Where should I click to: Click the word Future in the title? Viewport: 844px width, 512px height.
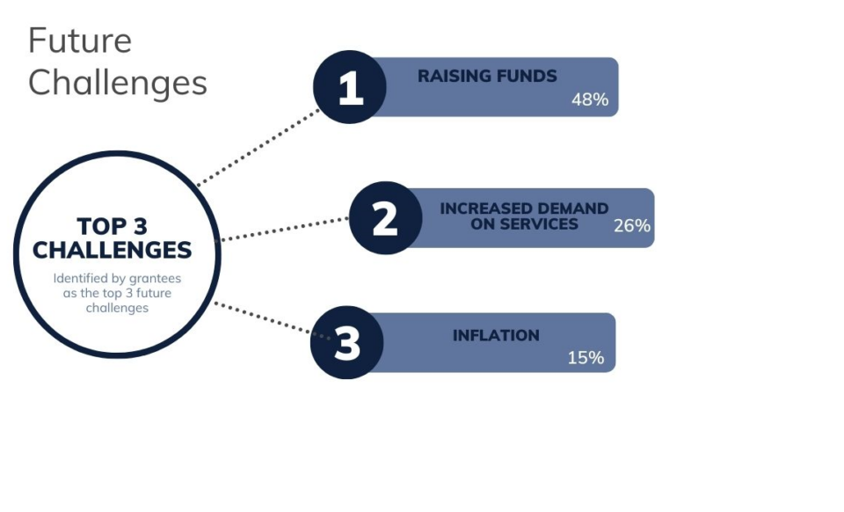coord(80,40)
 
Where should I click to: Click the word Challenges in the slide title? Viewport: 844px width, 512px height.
coord(117,84)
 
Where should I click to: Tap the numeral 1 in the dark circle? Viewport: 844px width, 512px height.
coord(351,88)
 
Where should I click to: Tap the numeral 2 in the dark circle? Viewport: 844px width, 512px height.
coord(385,219)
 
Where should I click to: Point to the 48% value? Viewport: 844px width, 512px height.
coord(590,99)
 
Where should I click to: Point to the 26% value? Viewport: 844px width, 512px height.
coord(632,225)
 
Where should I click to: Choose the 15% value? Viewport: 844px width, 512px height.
coord(586,358)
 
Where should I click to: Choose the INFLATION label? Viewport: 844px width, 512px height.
coord(496,335)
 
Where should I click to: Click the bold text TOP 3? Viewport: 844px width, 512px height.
coord(112,227)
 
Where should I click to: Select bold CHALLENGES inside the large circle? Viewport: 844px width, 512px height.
coord(112,251)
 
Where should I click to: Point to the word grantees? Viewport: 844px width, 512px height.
coord(155,279)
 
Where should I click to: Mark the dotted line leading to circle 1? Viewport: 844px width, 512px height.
coord(258,148)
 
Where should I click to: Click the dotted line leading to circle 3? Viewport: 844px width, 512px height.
coord(273,321)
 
